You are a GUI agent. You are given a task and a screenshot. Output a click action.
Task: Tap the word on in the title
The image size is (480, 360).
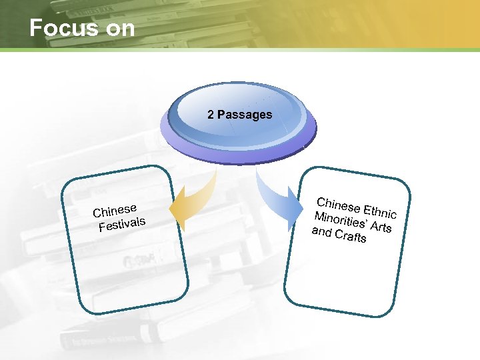coord(119,28)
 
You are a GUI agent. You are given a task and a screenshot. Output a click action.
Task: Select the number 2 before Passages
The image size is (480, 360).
coord(211,114)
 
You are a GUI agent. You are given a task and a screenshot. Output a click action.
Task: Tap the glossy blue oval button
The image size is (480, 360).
coord(239,110)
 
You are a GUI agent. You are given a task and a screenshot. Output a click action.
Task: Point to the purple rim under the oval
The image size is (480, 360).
coord(239,155)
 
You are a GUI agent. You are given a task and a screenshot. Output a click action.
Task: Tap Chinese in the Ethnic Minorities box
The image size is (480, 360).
coord(338,203)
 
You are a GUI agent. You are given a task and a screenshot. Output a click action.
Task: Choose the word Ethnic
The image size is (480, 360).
coord(380,210)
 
